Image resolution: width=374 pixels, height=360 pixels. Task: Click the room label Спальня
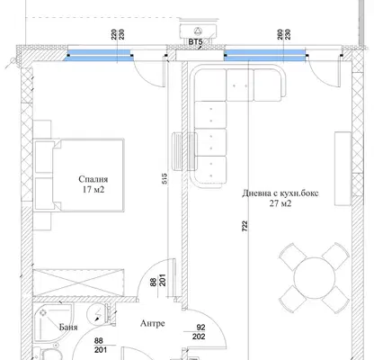[x=93, y=179]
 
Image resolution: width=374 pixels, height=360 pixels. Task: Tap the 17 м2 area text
[x=93, y=189]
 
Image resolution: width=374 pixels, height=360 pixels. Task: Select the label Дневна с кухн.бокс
[x=280, y=193]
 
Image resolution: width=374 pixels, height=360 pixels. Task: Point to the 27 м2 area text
[x=280, y=203]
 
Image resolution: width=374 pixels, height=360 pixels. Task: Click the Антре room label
[x=153, y=323]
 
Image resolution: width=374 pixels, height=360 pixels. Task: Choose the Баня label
[x=68, y=327]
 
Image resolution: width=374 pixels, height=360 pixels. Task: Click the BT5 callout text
[x=195, y=42]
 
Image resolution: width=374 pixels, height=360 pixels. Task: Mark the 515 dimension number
[x=165, y=178]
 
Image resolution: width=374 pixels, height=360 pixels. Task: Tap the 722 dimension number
[x=245, y=226]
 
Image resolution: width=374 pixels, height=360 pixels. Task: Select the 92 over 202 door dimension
[x=199, y=332]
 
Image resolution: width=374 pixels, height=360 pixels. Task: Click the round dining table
[x=315, y=277]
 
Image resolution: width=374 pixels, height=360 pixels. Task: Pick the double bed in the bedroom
[x=78, y=175]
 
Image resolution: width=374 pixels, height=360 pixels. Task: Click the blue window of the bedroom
[x=99, y=56]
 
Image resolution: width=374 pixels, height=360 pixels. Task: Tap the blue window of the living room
[x=266, y=55]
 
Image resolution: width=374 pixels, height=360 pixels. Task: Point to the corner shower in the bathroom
[x=54, y=323]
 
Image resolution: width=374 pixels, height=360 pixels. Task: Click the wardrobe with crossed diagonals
[x=78, y=282]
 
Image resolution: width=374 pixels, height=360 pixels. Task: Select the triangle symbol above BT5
[x=198, y=31]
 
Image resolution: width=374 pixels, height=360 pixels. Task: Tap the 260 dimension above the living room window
[x=280, y=34]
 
